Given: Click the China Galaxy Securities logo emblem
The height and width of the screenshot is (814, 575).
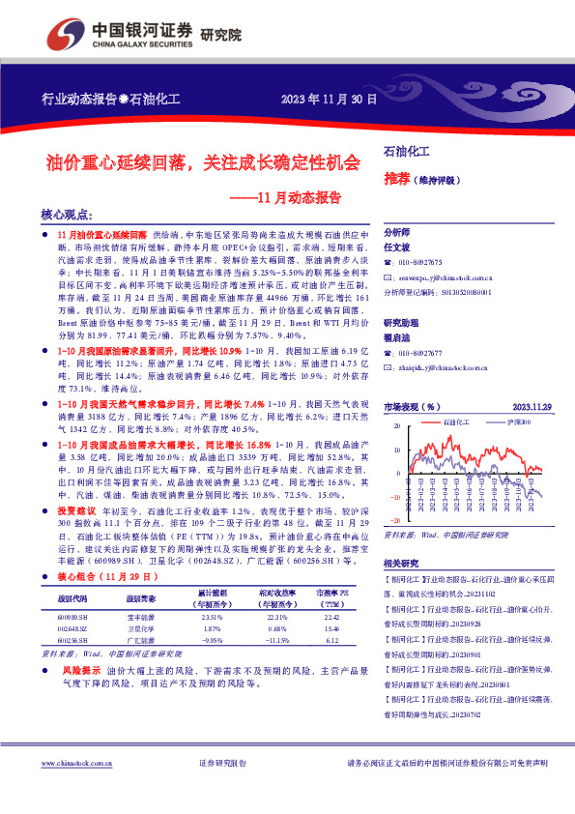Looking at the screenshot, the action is point(61,34).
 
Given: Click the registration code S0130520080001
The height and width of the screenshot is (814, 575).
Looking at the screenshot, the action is point(463,290).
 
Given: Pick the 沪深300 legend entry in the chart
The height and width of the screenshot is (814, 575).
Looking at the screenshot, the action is point(518,422).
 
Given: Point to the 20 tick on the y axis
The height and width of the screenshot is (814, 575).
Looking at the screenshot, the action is point(395,425).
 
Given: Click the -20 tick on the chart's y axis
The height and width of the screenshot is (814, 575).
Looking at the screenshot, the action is point(393,496).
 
